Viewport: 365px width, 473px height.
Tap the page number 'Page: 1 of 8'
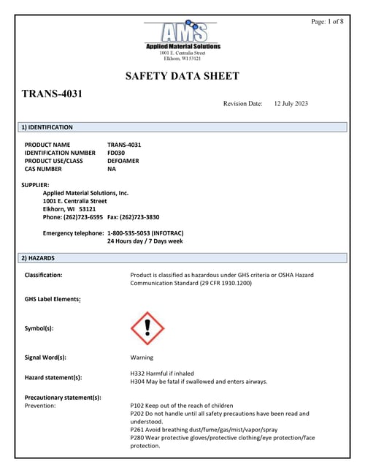(x=327, y=22)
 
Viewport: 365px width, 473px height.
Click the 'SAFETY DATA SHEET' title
(x=182, y=76)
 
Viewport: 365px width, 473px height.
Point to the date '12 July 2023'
(x=291, y=104)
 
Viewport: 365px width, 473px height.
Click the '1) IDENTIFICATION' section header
(x=47, y=127)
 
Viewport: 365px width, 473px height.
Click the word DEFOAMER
(x=123, y=161)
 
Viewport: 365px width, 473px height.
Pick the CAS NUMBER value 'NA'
(x=112, y=169)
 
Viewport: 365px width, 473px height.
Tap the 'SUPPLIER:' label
(x=37, y=185)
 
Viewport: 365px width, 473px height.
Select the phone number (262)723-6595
(x=82, y=217)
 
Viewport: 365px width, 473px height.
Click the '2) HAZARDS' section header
(x=37, y=258)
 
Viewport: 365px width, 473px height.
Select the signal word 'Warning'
(x=142, y=357)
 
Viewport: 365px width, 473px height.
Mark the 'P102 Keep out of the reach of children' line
(x=182, y=405)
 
